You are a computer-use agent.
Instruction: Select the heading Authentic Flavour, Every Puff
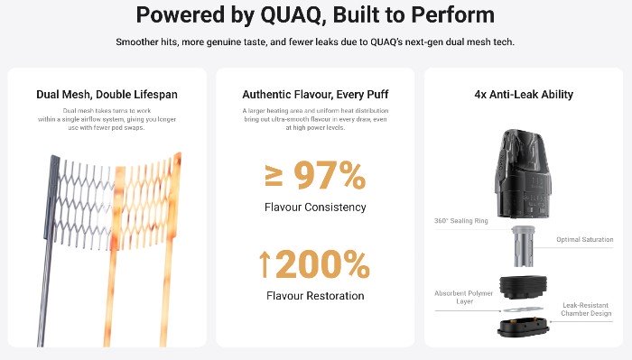pos(314,94)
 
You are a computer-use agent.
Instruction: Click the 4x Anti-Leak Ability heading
pos(523,94)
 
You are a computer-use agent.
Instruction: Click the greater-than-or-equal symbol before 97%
pos(274,177)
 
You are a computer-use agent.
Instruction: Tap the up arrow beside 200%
pos(265,265)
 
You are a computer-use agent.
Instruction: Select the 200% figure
pos(323,265)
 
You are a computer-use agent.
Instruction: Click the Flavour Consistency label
pos(315,208)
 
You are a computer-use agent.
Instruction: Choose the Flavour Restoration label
pos(315,295)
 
